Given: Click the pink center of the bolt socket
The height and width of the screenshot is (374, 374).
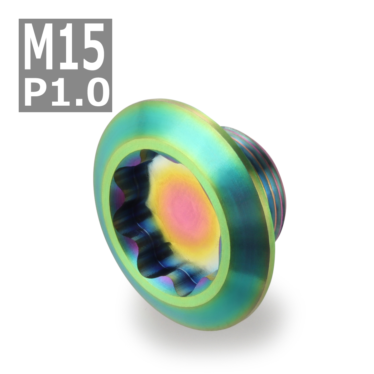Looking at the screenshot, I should [184, 209].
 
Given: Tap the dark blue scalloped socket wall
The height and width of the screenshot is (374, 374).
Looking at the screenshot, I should [125, 218].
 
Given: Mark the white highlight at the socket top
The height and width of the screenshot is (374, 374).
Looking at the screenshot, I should [156, 162].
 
